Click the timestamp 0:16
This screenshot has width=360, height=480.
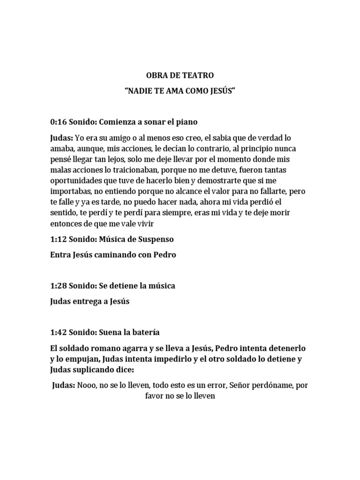point(58,122)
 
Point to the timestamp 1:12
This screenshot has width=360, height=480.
point(58,240)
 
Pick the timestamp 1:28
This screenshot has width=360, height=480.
point(58,285)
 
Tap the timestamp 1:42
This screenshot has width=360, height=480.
point(58,332)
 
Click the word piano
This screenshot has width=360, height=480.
point(187,122)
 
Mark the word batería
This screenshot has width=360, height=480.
point(145,332)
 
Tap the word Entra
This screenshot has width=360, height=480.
point(60,255)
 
